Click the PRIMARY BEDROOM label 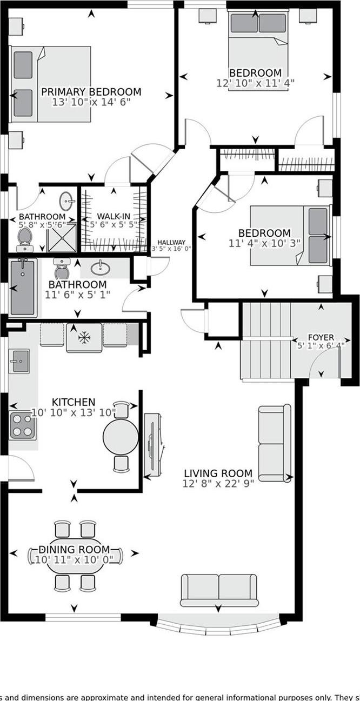91,92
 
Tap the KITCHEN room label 74,402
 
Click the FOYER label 321,337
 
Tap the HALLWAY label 171,242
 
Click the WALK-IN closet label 114,216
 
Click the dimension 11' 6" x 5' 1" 77,295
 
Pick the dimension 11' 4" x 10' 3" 264,243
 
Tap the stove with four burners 23,425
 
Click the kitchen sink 19,361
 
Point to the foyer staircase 265,340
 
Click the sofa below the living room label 218,590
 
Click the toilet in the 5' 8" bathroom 24,238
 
